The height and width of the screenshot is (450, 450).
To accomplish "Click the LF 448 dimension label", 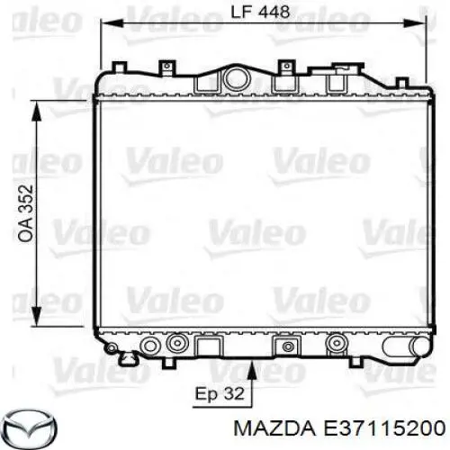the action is (x=260, y=13).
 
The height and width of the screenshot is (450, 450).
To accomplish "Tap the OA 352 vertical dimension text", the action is (x=25, y=214).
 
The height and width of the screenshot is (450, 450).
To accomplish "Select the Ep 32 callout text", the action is (x=220, y=393).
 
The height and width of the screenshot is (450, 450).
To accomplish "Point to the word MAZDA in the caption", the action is (x=274, y=428).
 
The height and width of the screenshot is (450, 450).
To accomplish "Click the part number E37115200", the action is (x=383, y=428).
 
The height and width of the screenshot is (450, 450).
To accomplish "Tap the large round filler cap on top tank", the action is (x=238, y=79).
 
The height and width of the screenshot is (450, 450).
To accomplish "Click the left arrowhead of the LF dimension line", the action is (x=112, y=23).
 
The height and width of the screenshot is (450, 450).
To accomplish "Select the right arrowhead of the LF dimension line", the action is (x=415, y=23).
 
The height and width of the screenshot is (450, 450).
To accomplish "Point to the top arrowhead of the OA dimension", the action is (x=37, y=112).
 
